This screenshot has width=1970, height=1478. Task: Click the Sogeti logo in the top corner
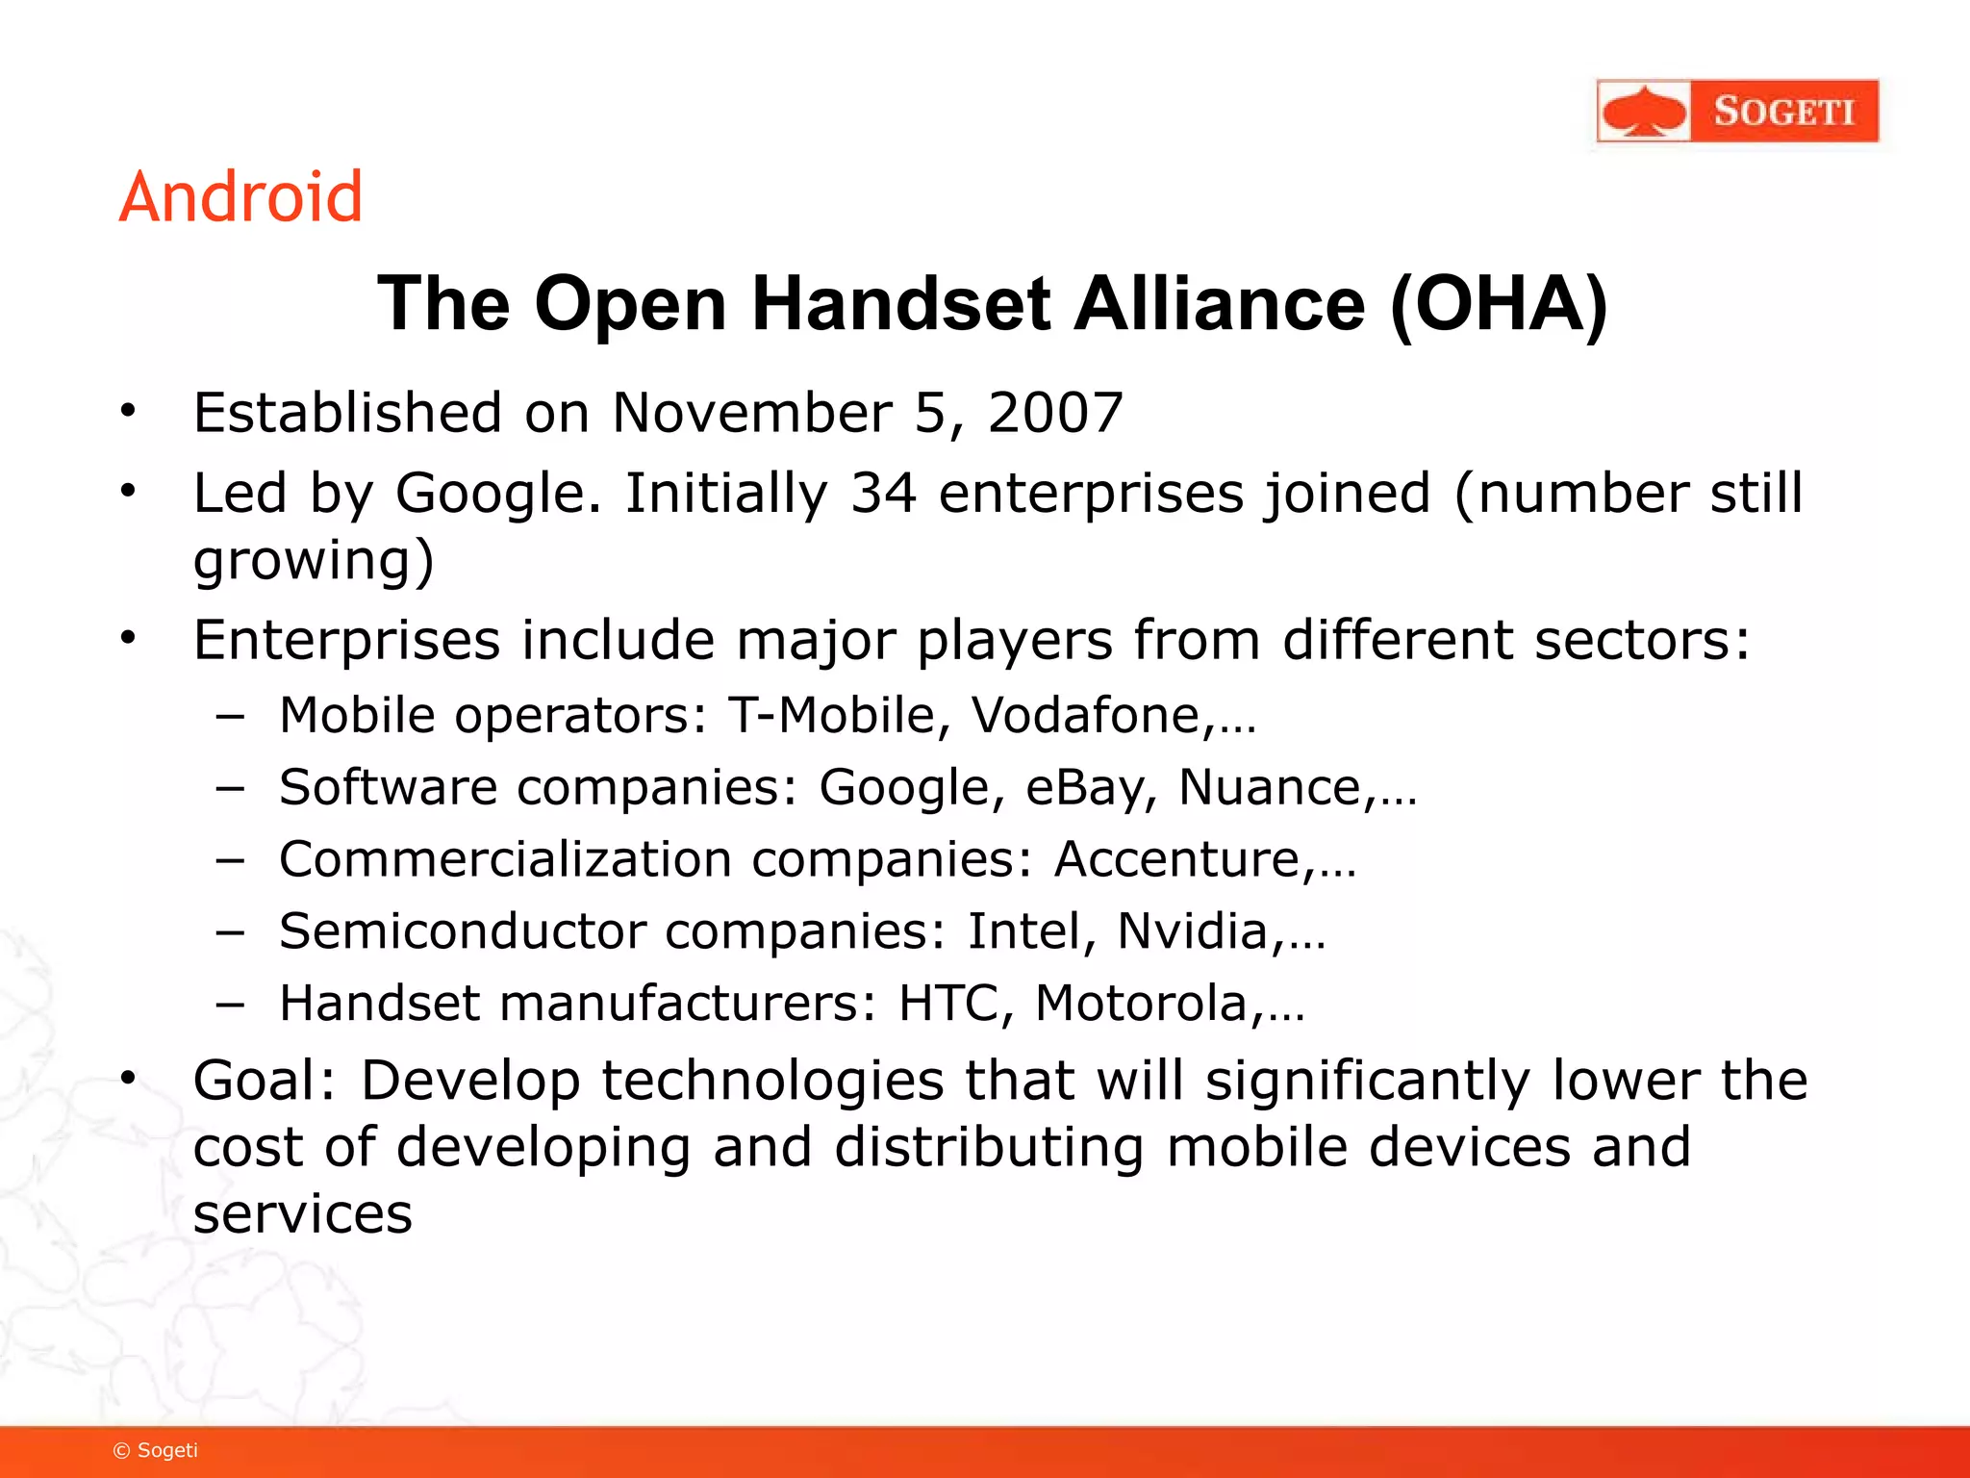pyautogui.click(x=1737, y=111)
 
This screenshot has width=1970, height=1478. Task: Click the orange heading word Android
pyautogui.click(x=240, y=197)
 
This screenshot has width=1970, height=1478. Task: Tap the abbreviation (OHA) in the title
pyautogui.click(x=1499, y=305)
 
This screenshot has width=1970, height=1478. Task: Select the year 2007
pyautogui.click(x=1055, y=414)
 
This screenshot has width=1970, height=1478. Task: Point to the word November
pyautogui.click(x=752, y=414)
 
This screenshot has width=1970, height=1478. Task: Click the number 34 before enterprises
pyautogui.click(x=883, y=494)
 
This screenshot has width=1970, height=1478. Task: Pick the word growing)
pyautogui.click(x=314, y=562)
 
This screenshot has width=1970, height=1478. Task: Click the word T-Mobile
pyautogui.click(x=831, y=716)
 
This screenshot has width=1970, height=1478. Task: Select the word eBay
pyautogui.click(x=1086, y=788)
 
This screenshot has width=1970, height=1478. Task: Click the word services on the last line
pyautogui.click(x=302, y=1214)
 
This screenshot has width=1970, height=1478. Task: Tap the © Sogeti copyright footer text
pyautogui.click(x=156, y=1450)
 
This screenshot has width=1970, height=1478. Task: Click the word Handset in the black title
pyautogui.click(x=900, y=305)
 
